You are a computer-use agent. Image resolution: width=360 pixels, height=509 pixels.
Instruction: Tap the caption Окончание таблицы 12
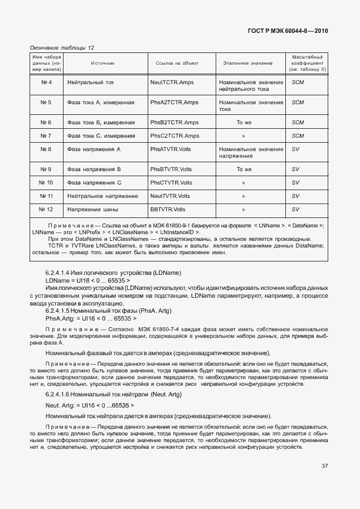pos(62,47)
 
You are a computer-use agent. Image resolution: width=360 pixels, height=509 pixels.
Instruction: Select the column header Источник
pos(103,64)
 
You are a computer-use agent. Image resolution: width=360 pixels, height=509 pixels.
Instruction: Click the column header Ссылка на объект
pos(177,64)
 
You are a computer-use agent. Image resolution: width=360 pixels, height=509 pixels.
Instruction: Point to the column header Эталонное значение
pos(248,64)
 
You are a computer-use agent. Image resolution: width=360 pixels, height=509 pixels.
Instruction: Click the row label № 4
pos(47,83)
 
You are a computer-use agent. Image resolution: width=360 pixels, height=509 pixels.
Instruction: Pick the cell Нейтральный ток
pos(90,83)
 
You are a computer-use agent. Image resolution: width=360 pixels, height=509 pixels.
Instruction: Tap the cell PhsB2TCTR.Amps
pos(174,122)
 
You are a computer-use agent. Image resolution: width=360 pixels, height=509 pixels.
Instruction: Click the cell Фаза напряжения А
pos(94,149)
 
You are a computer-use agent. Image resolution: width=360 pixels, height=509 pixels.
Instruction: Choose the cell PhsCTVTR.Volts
pos(171,182)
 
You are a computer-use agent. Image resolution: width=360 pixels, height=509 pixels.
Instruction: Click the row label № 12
pos(47,209)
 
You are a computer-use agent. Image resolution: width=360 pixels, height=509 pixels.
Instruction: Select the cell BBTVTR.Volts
pos(168,209)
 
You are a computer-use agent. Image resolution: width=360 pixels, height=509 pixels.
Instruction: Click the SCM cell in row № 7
pos(298,135)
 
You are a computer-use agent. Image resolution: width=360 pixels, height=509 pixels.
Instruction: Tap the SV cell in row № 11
pos(295,196)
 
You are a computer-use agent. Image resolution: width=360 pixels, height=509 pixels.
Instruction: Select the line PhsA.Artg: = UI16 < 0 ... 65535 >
pos(87,318)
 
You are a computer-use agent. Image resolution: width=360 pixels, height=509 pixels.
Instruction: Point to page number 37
pos(324,466)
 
